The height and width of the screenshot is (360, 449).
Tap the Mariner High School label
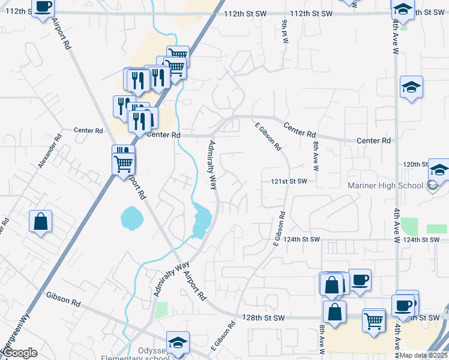tap(385, 185)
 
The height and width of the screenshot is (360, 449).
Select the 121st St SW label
tap(288, 181)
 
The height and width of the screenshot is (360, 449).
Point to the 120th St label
tap(415, 164)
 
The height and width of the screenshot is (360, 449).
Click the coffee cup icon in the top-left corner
tap(43, 7)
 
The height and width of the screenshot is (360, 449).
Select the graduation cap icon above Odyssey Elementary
tap(178, 343)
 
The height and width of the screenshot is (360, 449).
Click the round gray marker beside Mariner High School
tap(432, 185)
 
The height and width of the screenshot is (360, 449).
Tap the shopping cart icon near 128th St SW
tap(373, 320)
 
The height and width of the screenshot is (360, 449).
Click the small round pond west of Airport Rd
tap(131, 218)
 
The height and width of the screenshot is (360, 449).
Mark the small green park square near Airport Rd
tap(160, 310)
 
